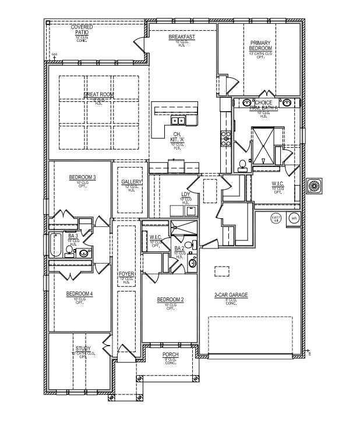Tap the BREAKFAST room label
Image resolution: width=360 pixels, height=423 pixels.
click(181, 37)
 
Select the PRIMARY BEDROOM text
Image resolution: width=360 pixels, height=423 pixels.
click(262, 46)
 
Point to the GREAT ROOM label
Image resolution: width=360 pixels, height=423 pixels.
click(98, 94)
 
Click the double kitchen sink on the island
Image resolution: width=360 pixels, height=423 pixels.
click(178, 121)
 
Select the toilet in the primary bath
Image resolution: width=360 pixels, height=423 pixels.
click(242, 165)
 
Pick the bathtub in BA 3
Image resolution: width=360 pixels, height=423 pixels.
click(56, 246)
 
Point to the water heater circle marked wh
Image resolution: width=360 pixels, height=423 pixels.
click(294, 219)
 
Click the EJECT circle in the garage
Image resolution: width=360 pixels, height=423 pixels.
click(276, 219)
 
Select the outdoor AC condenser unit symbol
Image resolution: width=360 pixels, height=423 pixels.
click(315, 186)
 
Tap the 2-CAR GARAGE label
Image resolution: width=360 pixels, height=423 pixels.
click(231, 295)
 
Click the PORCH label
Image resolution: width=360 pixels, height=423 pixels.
click(170, 354)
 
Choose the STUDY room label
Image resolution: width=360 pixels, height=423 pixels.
click(83, 349)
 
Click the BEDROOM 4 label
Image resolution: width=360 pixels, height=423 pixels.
click(80, 293)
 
